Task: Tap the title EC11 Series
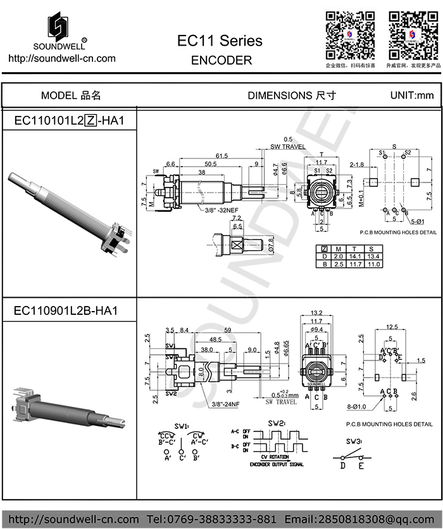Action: point(220,41)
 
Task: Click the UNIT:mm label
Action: point(412,96)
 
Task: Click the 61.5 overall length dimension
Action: point(221,155)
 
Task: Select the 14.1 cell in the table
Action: point(356,256)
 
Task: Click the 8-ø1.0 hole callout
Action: point(359,408)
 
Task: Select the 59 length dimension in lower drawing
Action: point(227,330)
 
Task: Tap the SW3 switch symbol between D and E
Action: point(353,457)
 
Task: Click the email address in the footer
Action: point(361,519)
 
